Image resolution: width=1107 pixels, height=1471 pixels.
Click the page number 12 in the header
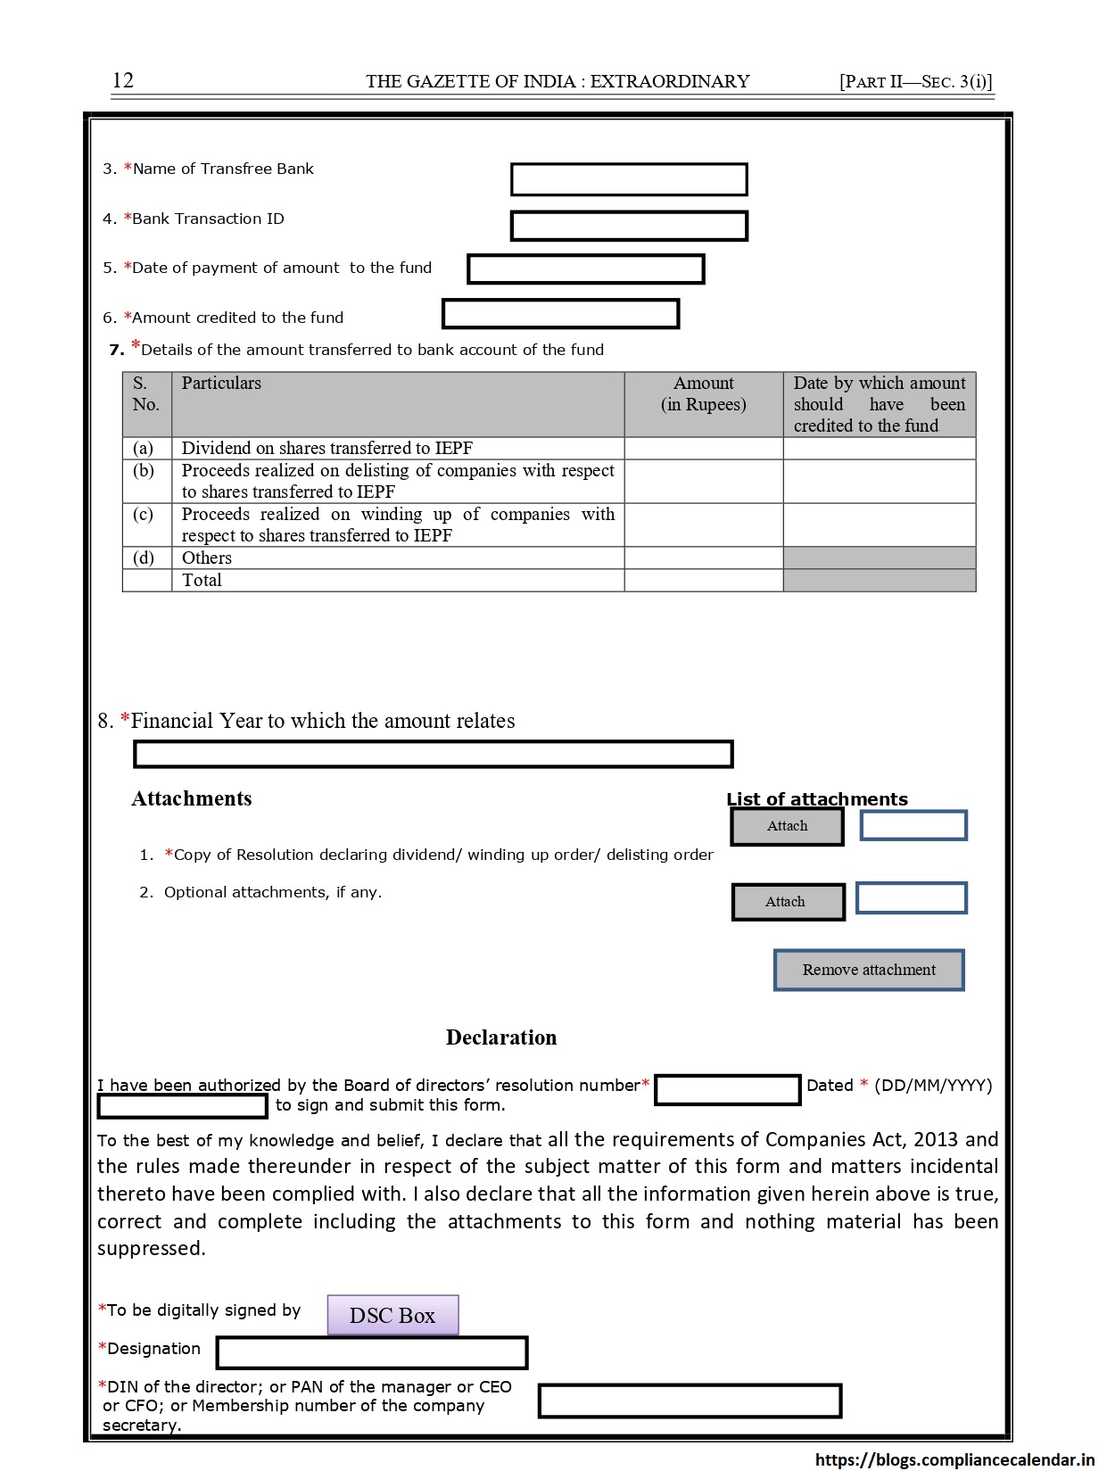[x=123, y=80]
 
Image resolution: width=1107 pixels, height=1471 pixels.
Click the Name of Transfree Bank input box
[x=629, y=179]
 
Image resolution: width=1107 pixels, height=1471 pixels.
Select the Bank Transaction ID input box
[x=629, y=227]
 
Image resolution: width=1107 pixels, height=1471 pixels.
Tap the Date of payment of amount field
[x=586, y=269]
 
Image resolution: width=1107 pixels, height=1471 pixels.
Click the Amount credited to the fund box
[x=561, y=314]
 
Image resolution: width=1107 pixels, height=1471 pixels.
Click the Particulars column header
[x=221, y=384]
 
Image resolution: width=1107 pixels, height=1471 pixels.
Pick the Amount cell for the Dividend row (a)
[x=703, y=449]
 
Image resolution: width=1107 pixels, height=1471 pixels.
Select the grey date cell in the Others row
[x=879, y=558]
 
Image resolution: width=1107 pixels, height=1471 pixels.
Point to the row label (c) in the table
[x=144, y=515]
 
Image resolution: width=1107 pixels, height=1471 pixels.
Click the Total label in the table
[x=202, y=581]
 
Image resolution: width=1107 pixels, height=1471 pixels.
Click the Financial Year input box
[x=433, y=755]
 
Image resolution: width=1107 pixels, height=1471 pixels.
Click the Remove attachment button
[x=869, y=970]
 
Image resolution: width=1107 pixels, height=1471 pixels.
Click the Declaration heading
[x=501, y=1037]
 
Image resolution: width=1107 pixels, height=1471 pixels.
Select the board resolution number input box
[x=727, y=1090]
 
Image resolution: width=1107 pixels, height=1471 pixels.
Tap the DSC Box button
[x=392, y=1316]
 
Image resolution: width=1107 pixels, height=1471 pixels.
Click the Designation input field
[x=372, y=1353]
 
